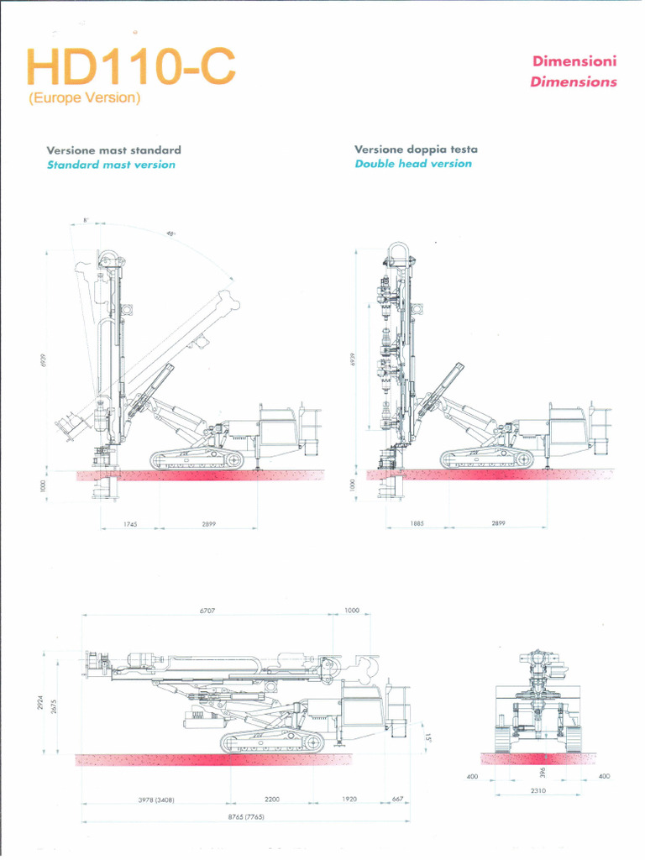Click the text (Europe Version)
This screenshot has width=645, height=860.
tap(84, 98)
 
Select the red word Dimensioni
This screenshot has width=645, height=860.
tap(574, 61)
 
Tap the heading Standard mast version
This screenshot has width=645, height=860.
tap(111, 165)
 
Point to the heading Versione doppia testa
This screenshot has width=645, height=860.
tap(416, 149)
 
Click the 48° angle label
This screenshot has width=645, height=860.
tap(170, 233)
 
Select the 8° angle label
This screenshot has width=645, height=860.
tap(86, 220)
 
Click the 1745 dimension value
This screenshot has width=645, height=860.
tap(130, 524)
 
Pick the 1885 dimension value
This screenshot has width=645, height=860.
tap(417, 523)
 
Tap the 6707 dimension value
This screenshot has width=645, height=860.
tap(208, 611)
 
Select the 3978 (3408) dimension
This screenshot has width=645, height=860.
tap(156, 800)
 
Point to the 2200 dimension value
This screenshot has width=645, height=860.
tap(272, 800)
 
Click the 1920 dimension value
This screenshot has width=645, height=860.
tap(349, 800)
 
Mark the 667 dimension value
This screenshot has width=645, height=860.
tap(397, 800)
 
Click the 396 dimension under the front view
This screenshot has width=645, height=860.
tap(543, 771)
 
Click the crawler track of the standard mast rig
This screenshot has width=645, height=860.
tap(196, 459)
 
